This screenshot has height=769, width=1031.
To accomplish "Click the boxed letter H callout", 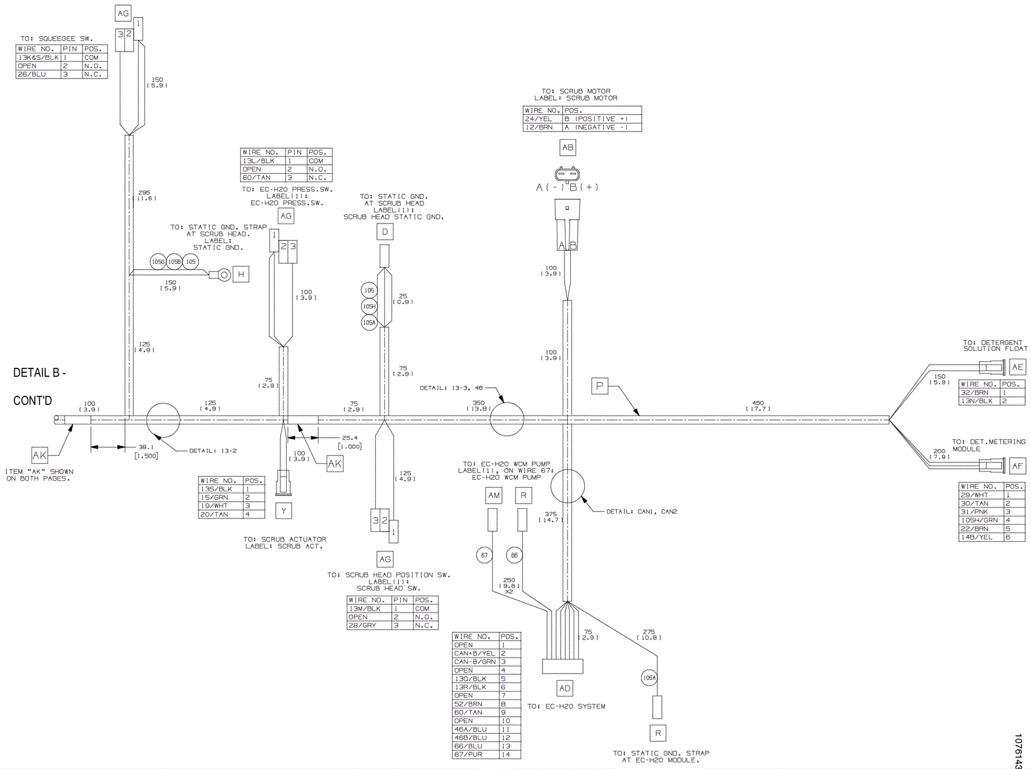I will tap(241, 274).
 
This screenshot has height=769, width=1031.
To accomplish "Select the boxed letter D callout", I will tap(385, 232).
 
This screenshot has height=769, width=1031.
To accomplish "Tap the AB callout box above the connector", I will tap(568, 147).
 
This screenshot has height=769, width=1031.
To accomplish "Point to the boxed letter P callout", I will tap(600, 386).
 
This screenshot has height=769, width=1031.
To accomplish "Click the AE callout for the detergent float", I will tap(1017, 367).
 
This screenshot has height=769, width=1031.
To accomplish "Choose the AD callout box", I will tap(565, 688).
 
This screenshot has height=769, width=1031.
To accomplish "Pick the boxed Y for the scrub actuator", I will tap(284, 511).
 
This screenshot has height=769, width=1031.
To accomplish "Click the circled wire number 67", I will tap(485, 555).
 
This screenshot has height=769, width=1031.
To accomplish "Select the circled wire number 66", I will tap(514, 555).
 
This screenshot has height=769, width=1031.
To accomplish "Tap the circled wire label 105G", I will tap(159, 262).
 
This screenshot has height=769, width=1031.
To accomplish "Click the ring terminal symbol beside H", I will tap(223, 275).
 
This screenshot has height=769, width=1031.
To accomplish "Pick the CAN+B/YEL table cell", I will tap(476, 653).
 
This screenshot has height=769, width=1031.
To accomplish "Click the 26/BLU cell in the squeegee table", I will tap(38, 74).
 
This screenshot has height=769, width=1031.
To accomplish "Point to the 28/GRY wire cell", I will tap(369, 625).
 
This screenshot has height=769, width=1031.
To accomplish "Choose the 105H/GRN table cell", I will tap(979, 520).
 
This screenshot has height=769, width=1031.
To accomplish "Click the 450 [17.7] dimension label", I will tap(758, 406).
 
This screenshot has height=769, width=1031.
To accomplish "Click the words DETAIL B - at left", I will tap(40, 372).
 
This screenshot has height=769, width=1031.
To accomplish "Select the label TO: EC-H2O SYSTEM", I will tap(566, 707).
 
